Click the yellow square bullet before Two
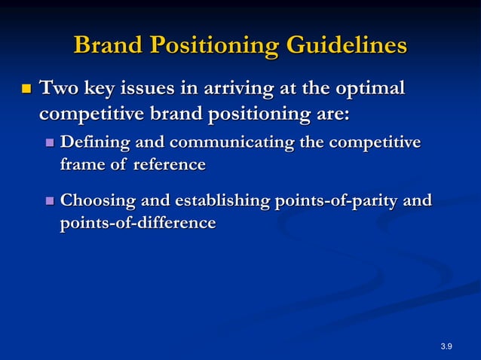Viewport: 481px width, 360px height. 25,90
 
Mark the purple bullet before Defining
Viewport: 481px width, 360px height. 50,143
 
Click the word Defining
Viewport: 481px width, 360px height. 94,142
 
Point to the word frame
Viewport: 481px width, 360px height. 81,165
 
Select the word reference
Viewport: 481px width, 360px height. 170,165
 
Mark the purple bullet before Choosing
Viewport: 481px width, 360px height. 50,201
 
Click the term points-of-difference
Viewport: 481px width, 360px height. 137,224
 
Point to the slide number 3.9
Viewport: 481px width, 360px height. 446,346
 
